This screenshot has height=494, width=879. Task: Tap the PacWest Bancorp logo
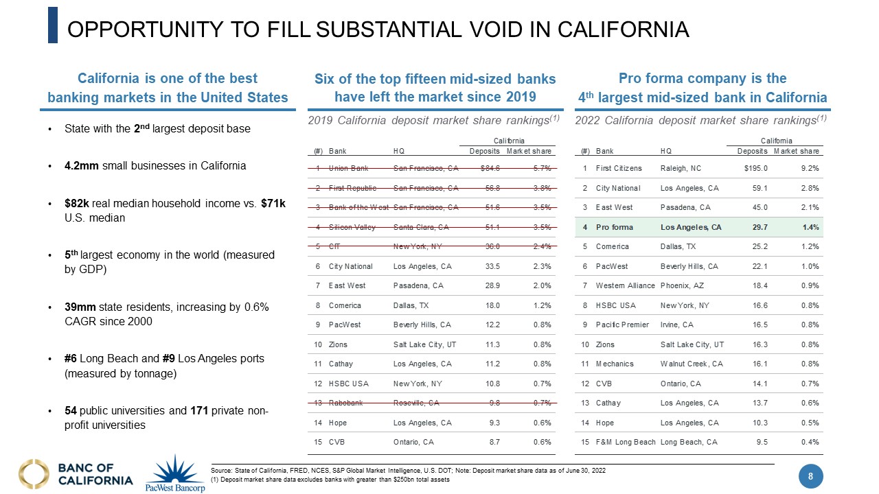(x=175, y=473)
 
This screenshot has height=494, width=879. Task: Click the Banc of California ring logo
(x=34, y=473)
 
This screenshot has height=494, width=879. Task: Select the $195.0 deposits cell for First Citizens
(x=756, y=168)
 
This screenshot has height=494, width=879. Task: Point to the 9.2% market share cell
(x=809, y=168)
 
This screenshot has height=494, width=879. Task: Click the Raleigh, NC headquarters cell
(x=683, y=168)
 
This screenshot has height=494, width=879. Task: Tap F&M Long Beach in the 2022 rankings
(x=626, y=442)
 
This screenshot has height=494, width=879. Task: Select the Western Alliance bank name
(x=624, y=285)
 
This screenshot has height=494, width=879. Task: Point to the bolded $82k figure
(x=74, y=204)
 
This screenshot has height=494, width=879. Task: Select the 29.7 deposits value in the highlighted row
(x=759, y=227)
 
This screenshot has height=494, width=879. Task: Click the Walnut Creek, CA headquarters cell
(x=692, y=364)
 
